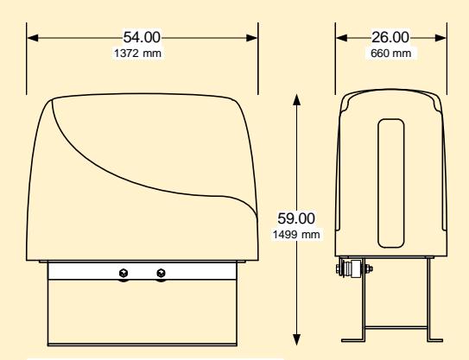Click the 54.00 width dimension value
point(142,37)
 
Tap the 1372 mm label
point(137,54)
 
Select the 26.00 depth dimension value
point(390,37)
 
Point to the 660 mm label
point(390,54)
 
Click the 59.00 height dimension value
point(296,218)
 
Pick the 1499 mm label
point(296,235)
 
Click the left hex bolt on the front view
point(124,273)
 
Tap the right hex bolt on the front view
point(161,273)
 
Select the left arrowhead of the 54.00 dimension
point(33,38)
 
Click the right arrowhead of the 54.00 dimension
point(251,38)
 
